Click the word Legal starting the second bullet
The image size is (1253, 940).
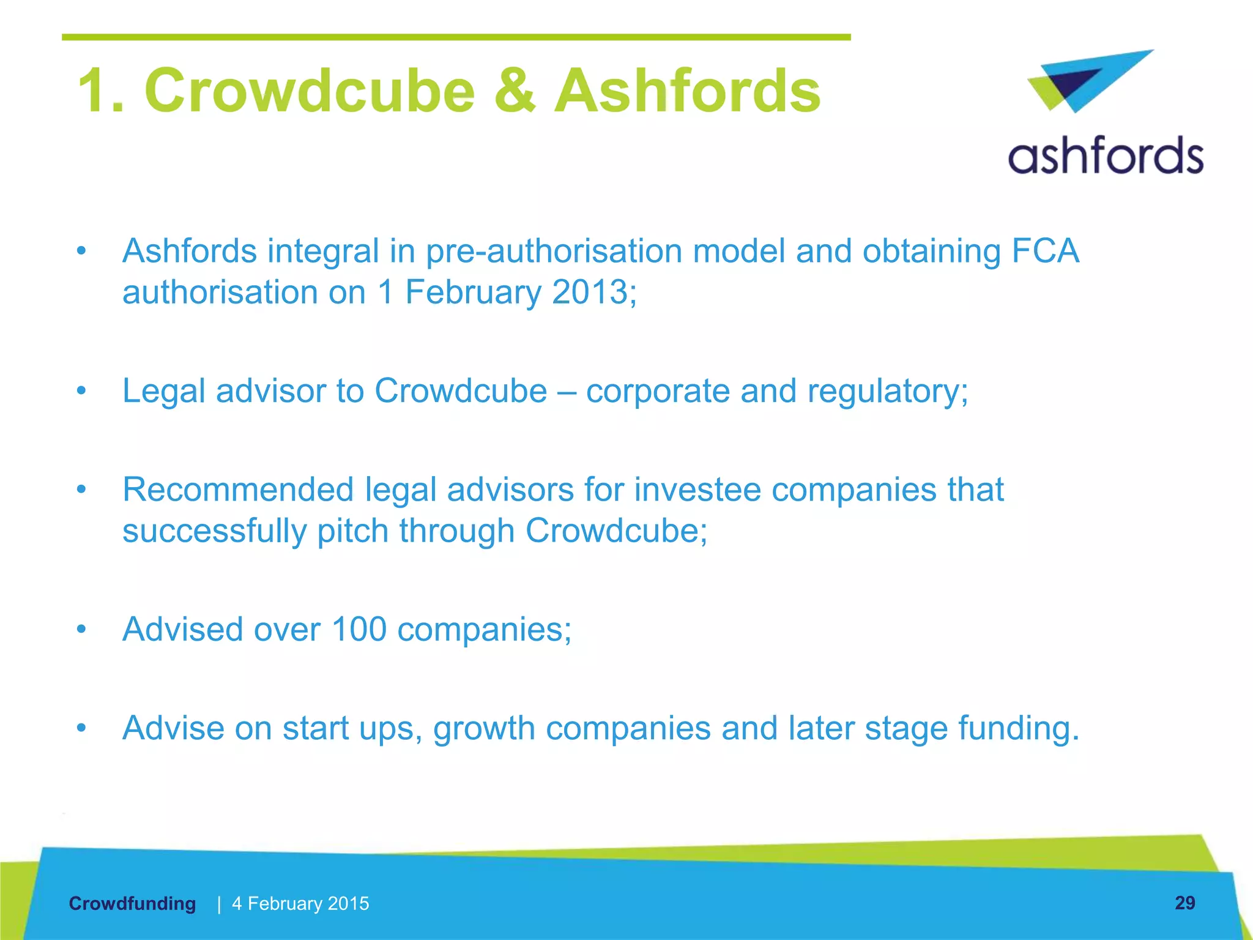click(163, 390)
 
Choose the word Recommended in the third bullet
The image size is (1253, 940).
click(238, 490)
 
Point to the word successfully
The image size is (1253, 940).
click(214, 531)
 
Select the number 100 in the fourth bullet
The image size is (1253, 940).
click(359, 629)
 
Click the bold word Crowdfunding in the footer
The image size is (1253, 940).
click(132, 903)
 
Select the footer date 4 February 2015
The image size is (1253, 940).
click(300, 903)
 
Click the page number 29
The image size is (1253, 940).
click(1184, 903)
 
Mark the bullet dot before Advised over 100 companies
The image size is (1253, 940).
click(81, 629)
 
